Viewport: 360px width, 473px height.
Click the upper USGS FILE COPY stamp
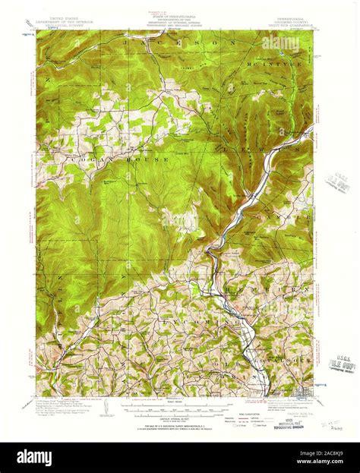coord(334,182)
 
